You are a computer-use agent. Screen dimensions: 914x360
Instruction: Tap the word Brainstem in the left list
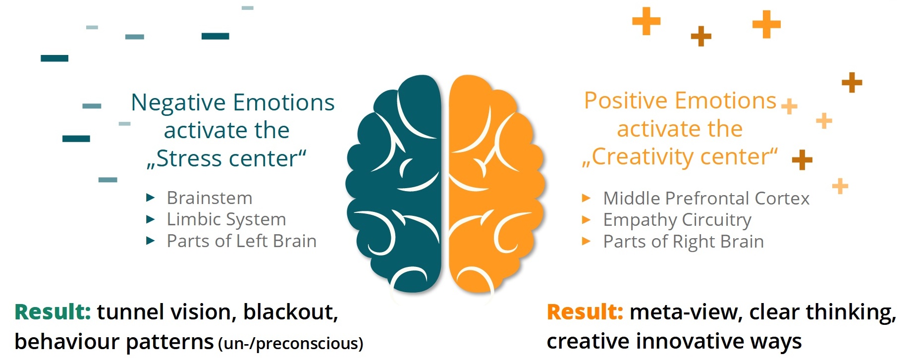[210, 198]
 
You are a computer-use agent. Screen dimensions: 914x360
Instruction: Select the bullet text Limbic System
[226, 219]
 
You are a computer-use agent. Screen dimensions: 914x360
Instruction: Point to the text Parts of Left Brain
[242, 241]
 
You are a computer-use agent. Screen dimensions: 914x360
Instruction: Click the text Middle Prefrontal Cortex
[706, 199]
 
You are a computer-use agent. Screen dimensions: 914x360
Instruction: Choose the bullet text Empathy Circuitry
[677, 220]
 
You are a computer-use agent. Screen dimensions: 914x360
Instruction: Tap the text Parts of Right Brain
[684, 242]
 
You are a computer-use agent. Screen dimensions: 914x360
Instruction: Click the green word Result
[53, 312]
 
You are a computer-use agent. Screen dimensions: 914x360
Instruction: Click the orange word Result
[585, 312]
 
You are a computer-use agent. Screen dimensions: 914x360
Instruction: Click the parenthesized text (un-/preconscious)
[291, 343]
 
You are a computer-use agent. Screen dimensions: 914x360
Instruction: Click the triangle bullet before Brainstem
[151, 198]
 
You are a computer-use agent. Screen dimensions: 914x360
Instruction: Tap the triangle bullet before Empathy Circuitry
[586, 220]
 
